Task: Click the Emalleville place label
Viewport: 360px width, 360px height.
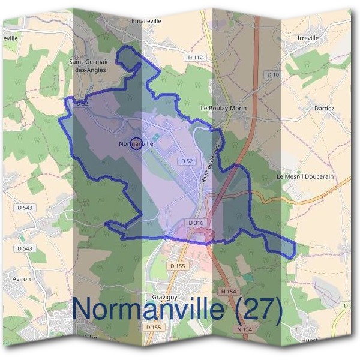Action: pyautogui.click(x=146, y=20)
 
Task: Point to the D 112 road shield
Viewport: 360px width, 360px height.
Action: pyautogui.click(x=196, y=58)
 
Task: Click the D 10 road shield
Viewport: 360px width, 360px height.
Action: pyautogui.click(x=273, y=74)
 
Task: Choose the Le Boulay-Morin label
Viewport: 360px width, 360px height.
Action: pyautogui.click(x=223, y=109)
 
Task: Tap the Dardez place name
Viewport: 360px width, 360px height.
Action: pyautogui.click(x=324, y=109)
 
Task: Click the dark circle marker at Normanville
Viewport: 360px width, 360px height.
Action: pyautogui.click(x=136, y=144)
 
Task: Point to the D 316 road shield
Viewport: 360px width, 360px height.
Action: pyautogui.click(x=196, y=223)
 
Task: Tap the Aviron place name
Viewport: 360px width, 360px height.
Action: pyautogui.click(x=21, y=278)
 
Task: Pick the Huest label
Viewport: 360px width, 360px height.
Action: pyautogui.click(x=311, y=340)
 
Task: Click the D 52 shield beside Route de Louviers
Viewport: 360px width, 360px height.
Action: pyautogui.click(x=185, y=161)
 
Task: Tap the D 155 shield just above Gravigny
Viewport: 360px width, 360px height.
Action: pyautogui.click(x=177, y=265)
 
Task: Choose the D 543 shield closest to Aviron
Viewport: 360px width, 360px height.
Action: pyautogui.click(x=25, y=248)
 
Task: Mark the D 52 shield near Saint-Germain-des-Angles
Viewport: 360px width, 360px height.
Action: pyautogui.click(x=82, y=103)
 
